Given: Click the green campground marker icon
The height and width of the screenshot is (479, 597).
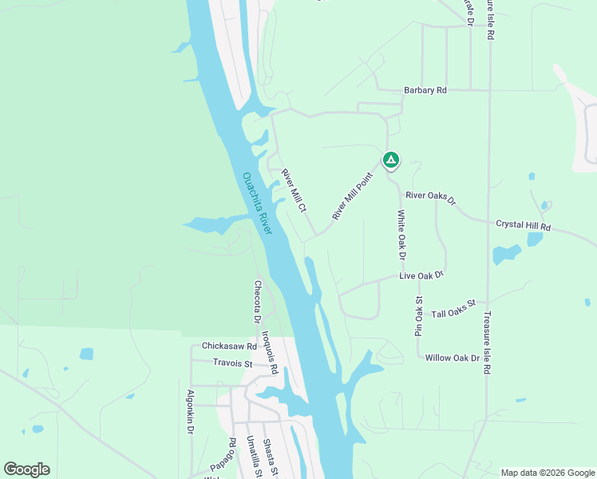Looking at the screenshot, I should click(x=390, y=161).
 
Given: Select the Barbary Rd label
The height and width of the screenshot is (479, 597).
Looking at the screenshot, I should click(x=425, y=91).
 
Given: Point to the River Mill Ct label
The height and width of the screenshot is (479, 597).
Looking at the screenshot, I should click(x=295, y=190).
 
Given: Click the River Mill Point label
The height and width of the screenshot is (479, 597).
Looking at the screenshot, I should click(x=353, y=196).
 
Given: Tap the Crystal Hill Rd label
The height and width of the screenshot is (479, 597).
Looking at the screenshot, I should click(x=523, y=227).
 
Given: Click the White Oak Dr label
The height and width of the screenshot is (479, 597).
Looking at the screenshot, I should click(x=401, y=236).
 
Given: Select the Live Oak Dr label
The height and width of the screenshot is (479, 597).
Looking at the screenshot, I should click(x=421, y=276).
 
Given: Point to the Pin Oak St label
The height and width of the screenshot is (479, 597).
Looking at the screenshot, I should click(x=418, y=316).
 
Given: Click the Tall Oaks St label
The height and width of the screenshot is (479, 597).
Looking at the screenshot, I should click(x=453, y=309).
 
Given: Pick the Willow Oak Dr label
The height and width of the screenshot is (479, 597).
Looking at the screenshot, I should click(x=453, y=358).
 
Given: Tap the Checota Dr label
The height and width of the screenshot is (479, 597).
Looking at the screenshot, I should click(x=258, y=302).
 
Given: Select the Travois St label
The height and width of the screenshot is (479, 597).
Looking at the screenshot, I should click(x=232, y=364).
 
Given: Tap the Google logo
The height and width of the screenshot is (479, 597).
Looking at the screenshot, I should click(x=26, y=469).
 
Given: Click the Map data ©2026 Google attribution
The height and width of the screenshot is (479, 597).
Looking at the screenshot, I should click(x=548, y=473).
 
